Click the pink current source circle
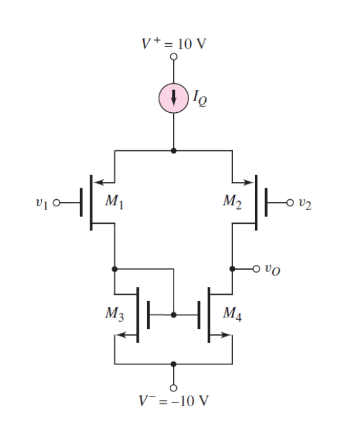(173, 99)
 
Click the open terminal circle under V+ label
(173, 57)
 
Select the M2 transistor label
(234, 200)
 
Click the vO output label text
(272, 269)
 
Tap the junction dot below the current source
(173, 150)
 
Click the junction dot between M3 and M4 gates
(173, 315)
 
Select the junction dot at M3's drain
(115, 268)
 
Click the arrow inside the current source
(173, 99)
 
